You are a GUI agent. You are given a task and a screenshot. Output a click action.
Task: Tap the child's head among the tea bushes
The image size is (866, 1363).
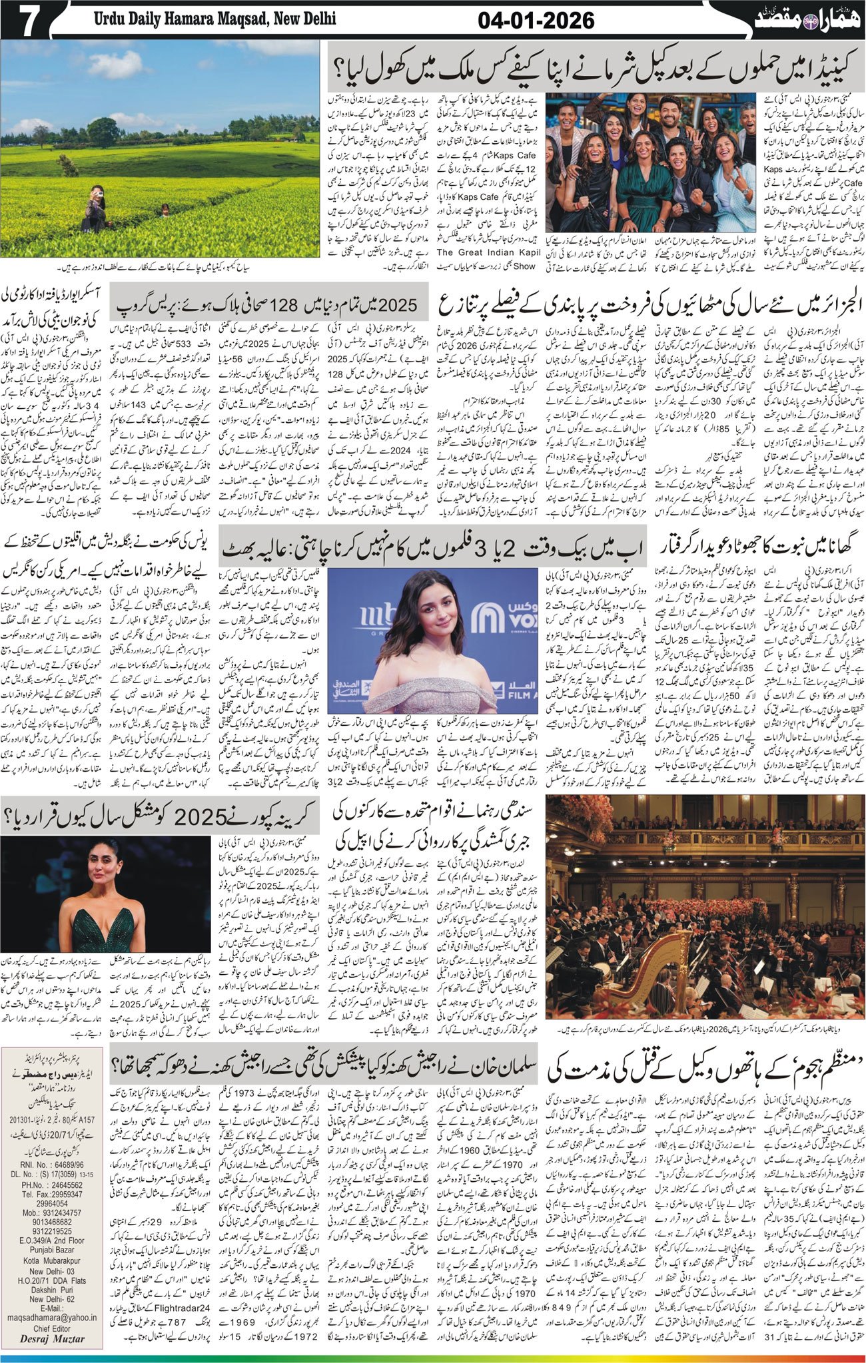point(165,209)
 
